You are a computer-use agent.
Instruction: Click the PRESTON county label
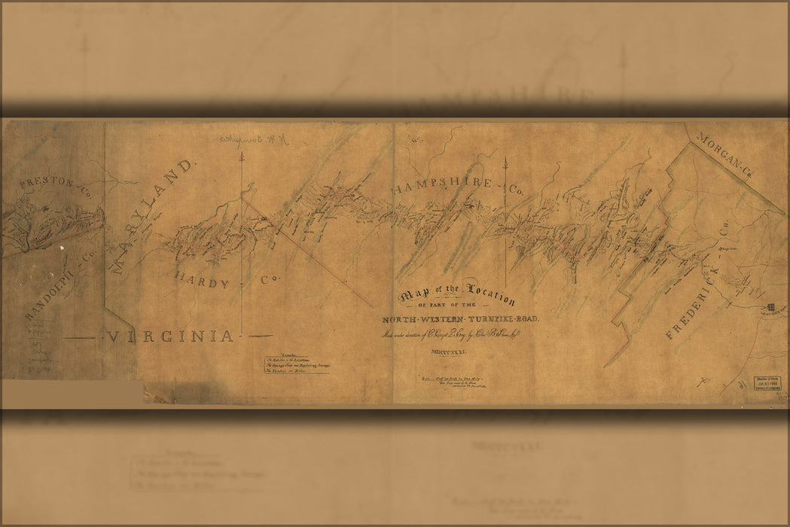click(x=47, y=183)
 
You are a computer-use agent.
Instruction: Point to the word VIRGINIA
click(x=170, y=337)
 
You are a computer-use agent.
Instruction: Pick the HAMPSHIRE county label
click(x=441, y=185)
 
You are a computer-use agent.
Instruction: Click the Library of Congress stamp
click(x=767, y=384)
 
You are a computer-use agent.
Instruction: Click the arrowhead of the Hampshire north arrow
click(x=505, y=159)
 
